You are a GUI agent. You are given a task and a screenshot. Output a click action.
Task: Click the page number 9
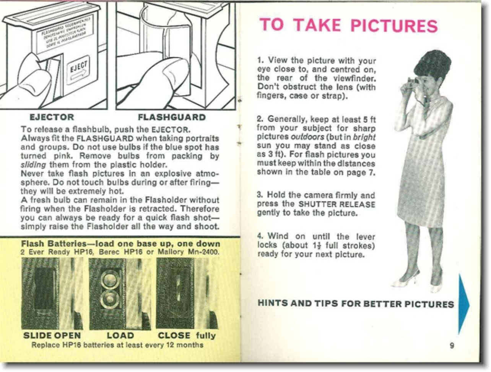point(452,345)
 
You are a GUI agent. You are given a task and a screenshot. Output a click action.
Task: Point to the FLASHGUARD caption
point(172,117)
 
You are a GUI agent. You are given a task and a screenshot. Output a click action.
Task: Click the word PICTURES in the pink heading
point(394,26)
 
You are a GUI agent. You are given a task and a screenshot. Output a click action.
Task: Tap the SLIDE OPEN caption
point(52,336)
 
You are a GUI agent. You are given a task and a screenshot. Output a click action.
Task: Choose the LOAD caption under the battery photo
point(120,336)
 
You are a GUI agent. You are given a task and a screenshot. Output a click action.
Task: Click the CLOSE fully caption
point(187,336)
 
